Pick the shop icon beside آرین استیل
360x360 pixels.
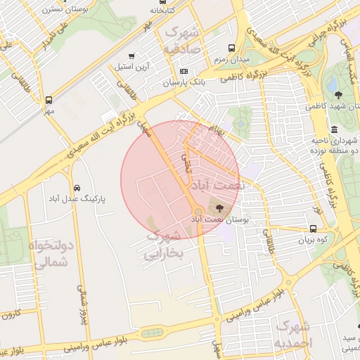(x=131, y=56)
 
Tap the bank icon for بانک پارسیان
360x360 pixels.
(x=184, y=71)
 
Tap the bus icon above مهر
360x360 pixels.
(x=49, y=100)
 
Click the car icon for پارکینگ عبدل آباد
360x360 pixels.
(x=76, y=188)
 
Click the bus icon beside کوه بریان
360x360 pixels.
(x=313, y=229)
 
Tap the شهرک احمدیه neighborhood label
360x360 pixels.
(x=293, y=335)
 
